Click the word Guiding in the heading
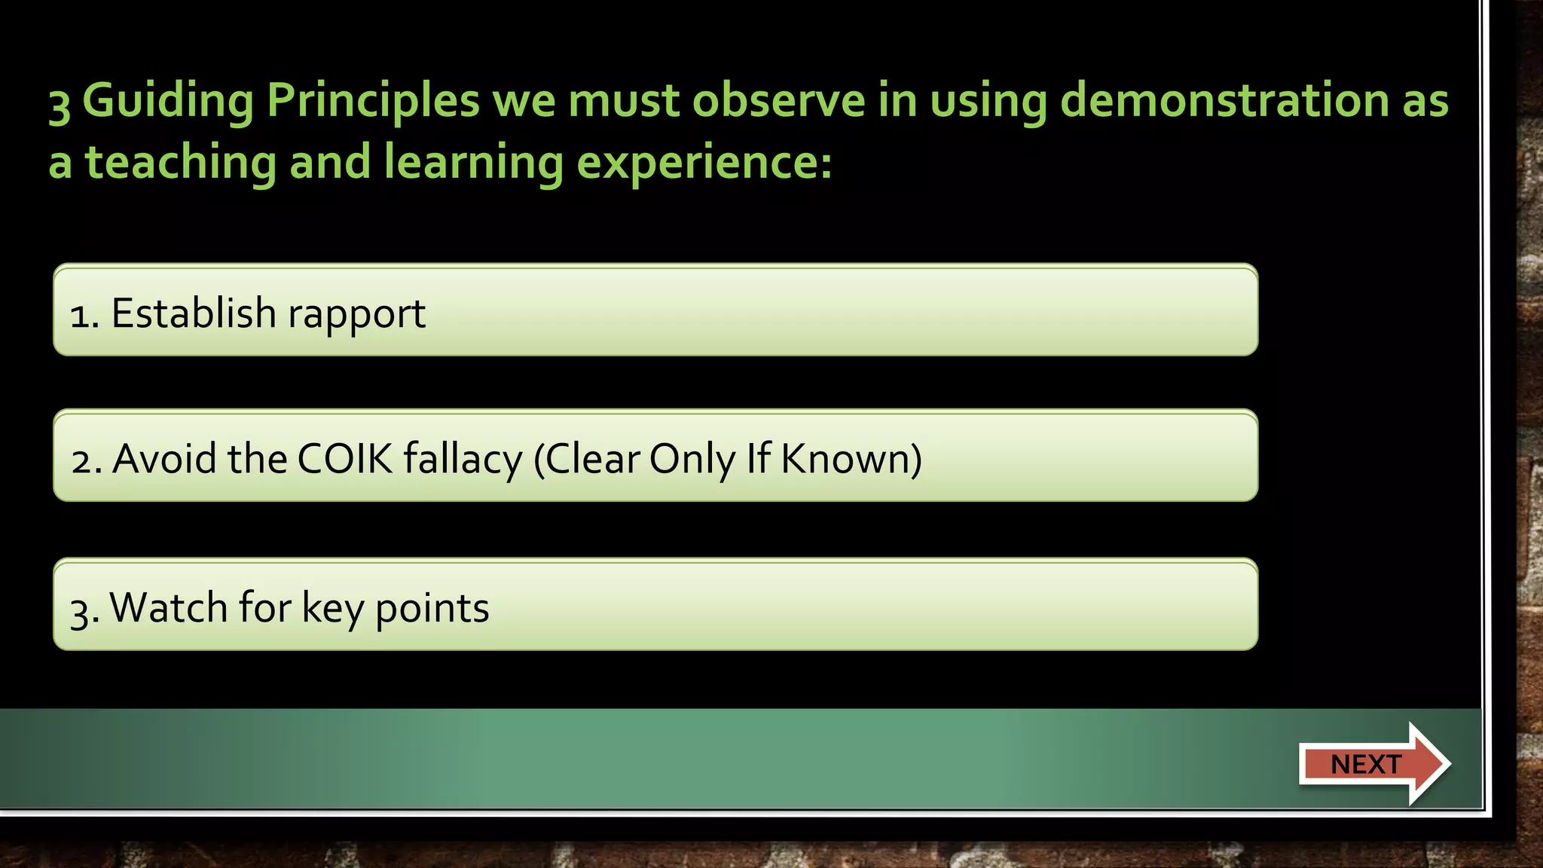point(168,102)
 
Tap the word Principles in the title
point(373,102)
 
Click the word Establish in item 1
point(194,313)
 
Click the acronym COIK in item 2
point(345,458)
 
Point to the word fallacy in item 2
point(463,460)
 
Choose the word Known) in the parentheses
point(851,458)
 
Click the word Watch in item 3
point(168,607)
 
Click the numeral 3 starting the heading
point(60,103)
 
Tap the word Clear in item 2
point(591,458)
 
